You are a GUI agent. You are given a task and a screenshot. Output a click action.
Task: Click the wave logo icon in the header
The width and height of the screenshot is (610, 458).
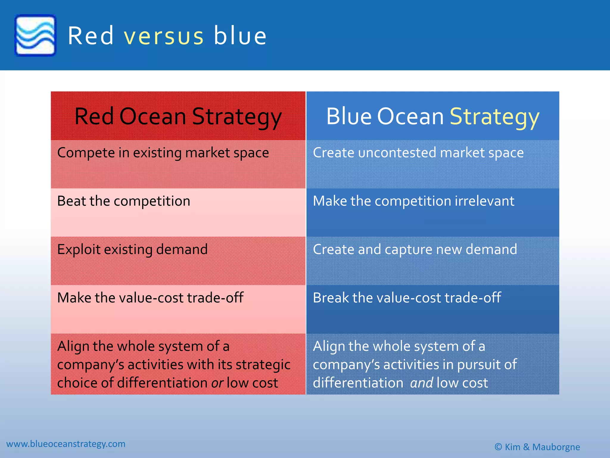click(x=35, y=35)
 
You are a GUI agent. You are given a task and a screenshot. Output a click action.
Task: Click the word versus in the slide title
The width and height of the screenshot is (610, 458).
click(x=164, y=36)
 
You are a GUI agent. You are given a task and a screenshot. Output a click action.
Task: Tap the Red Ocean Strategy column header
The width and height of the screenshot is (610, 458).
click(x=178, y=116)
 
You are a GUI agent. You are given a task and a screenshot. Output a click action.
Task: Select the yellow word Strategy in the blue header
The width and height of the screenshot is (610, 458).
click(x=494, y=117)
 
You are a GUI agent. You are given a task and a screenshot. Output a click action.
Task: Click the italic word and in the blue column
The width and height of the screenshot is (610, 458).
click(x=421, y=383)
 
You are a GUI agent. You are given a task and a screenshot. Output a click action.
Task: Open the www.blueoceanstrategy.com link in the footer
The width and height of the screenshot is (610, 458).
click(x=66, y=444)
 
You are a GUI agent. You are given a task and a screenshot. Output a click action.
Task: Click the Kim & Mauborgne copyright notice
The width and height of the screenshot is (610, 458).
click(x=537, y=447)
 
